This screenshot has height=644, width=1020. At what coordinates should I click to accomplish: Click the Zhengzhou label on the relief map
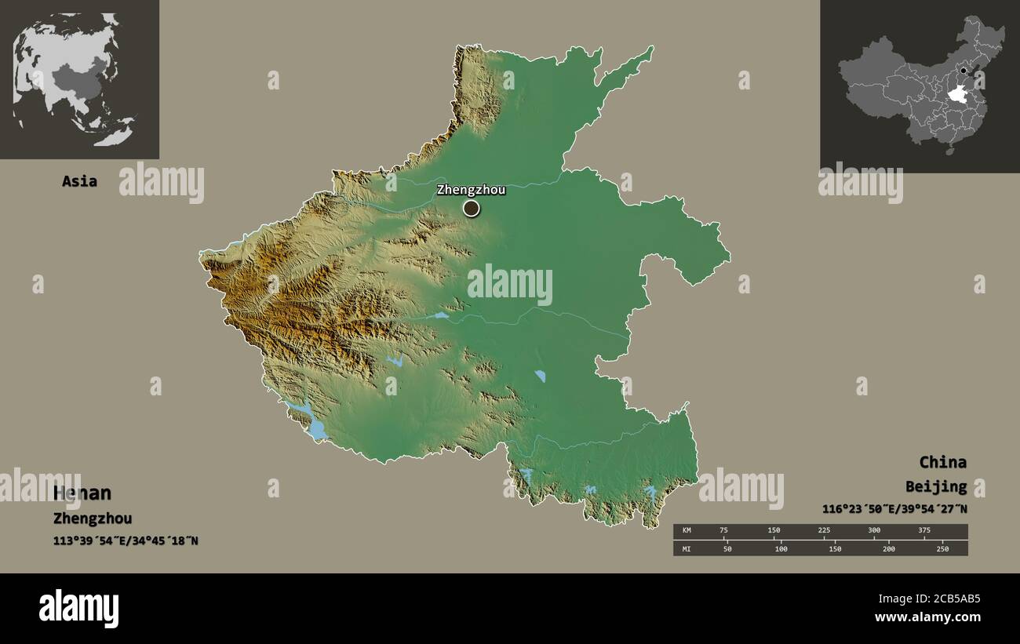471,190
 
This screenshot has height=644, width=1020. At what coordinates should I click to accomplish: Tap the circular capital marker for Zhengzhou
471,208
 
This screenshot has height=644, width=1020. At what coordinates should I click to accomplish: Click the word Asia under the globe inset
79,181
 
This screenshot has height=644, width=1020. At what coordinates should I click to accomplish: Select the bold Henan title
82,493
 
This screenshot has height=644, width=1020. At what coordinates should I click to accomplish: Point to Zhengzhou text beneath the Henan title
93,518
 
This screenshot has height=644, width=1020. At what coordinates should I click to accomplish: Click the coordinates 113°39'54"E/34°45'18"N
126,540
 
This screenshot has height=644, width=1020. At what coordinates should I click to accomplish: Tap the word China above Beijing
942,462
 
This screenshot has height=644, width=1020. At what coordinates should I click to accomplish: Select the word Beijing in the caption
935,486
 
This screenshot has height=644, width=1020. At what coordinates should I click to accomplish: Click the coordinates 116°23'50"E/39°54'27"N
894,508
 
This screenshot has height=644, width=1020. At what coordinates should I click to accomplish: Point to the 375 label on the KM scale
924,531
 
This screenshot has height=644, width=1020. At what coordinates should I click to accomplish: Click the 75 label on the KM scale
723,531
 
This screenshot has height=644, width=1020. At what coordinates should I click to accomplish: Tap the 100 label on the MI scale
781,549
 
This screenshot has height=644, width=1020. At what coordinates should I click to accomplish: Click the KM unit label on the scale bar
687,531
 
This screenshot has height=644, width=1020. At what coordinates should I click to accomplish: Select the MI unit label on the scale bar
687,549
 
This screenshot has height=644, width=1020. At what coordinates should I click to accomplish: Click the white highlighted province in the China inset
956,95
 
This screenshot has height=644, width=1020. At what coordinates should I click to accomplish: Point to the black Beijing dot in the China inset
964,70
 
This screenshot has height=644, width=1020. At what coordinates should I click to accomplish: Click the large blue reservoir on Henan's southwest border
317,428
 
